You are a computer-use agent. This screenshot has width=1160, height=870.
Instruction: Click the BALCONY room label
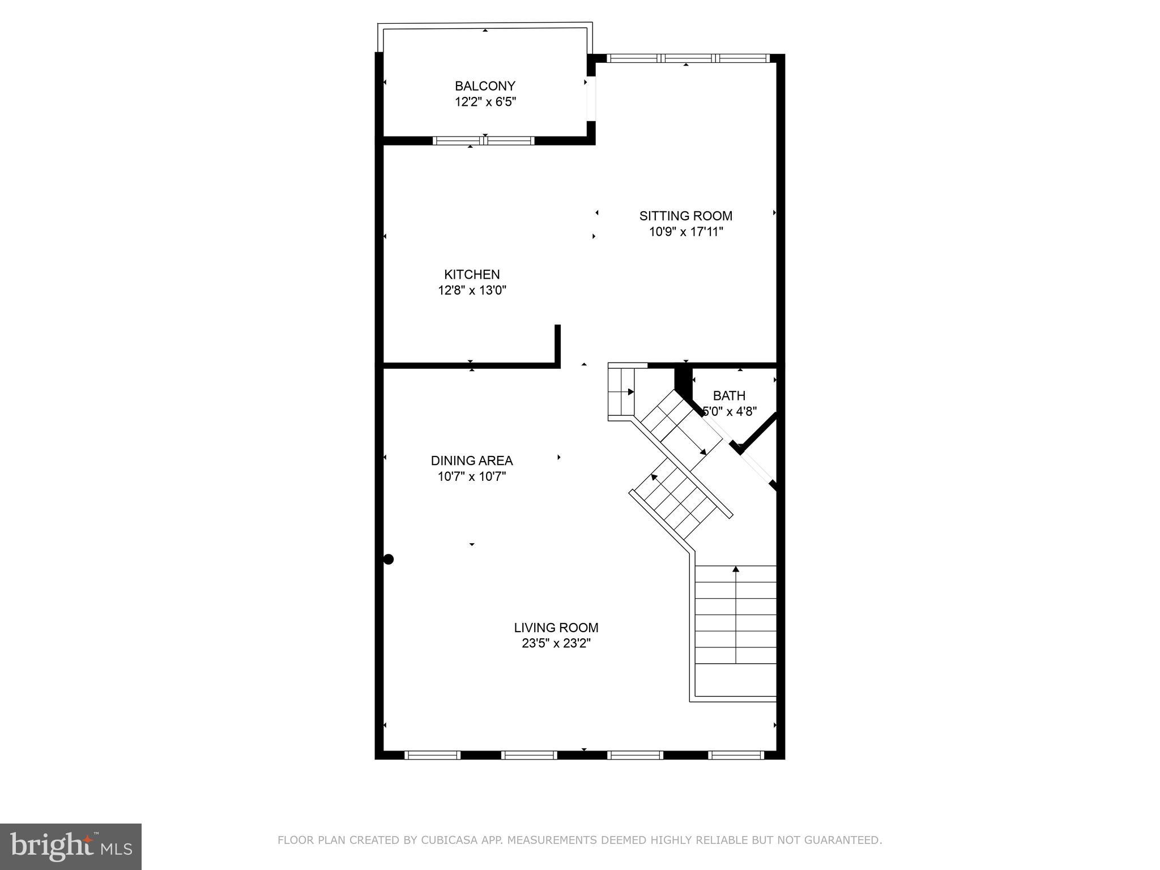485,86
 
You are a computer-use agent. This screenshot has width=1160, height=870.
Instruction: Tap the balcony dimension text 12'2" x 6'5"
485,102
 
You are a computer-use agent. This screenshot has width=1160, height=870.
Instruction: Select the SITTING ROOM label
685,216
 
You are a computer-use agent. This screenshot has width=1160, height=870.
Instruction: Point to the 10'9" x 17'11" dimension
685,232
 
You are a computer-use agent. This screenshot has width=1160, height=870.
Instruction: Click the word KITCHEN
472,275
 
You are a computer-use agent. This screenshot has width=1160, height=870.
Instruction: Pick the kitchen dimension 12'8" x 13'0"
472,291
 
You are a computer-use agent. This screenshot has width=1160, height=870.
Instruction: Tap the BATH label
729,396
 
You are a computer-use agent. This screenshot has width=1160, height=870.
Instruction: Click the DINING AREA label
472,460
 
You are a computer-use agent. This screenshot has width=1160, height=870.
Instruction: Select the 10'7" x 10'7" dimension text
472,476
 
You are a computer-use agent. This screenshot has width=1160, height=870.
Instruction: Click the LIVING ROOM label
556,628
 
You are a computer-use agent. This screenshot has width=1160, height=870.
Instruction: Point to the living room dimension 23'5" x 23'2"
556,643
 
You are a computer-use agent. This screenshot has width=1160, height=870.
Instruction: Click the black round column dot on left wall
389,560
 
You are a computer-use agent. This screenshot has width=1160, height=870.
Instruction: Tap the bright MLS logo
71,846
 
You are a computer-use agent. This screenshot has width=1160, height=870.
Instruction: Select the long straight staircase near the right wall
736,615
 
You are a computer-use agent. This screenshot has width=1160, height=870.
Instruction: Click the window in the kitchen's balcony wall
484,141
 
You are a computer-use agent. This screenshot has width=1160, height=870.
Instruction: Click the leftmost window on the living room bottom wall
432,755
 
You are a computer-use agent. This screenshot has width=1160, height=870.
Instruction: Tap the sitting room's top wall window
688,58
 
